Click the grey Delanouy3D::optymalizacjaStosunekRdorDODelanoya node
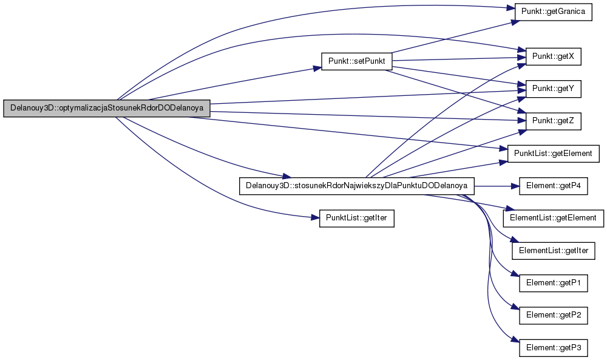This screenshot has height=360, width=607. pos(107,108)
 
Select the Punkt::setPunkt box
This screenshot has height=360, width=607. pos(356,61)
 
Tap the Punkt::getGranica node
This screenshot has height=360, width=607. pos(553,12)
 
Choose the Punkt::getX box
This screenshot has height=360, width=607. pos(553,57)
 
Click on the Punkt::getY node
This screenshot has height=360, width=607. pos(553,89)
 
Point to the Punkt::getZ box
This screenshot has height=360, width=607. pos(553,121)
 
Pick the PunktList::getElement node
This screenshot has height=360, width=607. pos(553,154)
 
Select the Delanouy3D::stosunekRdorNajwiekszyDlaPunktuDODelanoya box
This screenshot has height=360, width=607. pos(356,186)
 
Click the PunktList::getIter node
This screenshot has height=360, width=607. pos(356,218)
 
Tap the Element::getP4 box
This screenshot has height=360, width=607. pos(553,186)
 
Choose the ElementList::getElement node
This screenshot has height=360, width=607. pos(553,218)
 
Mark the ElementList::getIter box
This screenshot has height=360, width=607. pos(553,251)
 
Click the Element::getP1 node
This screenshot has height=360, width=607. pos(553,283)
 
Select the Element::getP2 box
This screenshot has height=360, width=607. pos(553,315)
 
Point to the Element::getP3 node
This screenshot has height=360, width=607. pos(553,348)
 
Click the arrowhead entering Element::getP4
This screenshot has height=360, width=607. pos(516,186)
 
